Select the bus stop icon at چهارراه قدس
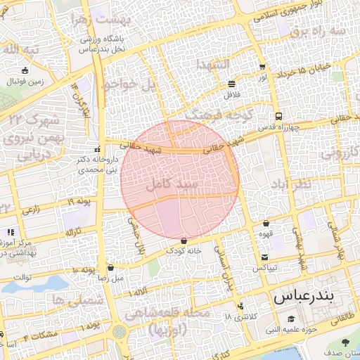coord(279,116)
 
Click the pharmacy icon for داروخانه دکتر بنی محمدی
coord(97,150)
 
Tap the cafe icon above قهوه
coord(265,223)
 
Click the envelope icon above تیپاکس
coord(264,258)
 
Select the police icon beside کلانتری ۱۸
coord(241,306)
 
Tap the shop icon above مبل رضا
coord(111,267)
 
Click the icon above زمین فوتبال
coord(26,70)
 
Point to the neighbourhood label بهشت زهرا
coord(85,19)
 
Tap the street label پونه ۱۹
coord(80,202)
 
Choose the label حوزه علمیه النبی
coord(292,329)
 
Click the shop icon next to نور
coord(262,67)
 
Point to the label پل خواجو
coord(128,86)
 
